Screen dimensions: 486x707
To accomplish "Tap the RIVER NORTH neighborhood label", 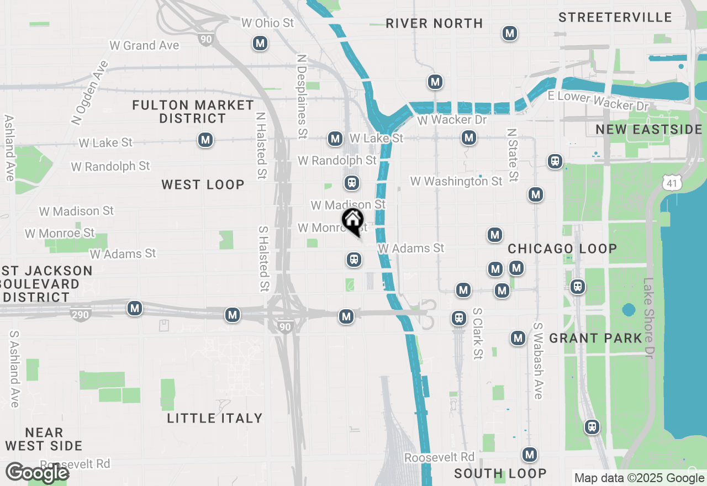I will coord(434,23).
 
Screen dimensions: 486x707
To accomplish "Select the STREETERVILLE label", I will coord(615,17).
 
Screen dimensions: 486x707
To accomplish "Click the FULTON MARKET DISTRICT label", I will coord(193,112).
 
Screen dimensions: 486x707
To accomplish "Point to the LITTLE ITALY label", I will coord(215,418).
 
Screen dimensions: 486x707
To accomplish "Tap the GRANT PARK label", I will coord(595,338).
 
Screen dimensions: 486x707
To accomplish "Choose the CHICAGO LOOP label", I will coord(562,249).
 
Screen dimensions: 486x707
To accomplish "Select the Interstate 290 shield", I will coord(81,314).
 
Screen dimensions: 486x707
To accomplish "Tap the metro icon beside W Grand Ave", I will coord(260,43).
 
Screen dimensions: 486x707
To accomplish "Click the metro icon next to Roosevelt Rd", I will coord(530,455).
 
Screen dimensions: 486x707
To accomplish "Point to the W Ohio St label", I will coord(268,23).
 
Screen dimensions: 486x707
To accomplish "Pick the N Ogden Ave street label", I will coord(89,92).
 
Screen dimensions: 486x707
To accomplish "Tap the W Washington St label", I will coord(456,181).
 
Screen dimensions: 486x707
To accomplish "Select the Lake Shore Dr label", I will coord(648,326).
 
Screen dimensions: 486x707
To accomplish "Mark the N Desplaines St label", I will coord(302,96).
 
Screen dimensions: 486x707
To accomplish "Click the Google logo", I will coord(37,473).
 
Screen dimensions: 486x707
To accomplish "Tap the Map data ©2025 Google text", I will coord(639,478).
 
